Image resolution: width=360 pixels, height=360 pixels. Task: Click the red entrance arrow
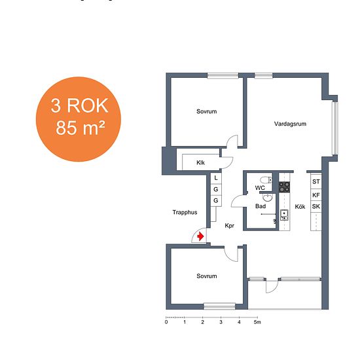(200, 236)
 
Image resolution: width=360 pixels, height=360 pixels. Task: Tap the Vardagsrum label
(290, 124)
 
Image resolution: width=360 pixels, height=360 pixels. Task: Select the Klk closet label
(200, 163)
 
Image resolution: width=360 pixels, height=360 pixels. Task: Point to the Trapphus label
(185, 212)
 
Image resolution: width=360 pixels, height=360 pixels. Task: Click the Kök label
(300, 207)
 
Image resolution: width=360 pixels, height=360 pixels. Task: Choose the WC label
(260, 188)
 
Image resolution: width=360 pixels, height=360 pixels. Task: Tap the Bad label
(261, 206)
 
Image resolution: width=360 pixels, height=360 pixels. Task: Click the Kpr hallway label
(229, 226)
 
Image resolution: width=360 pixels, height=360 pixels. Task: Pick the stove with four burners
(284, 187)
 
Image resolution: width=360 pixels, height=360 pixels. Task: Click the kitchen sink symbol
(284, 215)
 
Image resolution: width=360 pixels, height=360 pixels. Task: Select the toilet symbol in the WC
(266, 180)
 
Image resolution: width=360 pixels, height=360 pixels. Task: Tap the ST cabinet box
(316, 181)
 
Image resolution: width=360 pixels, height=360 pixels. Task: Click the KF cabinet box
(316, 195)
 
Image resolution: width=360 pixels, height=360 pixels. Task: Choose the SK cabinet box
(316, 206)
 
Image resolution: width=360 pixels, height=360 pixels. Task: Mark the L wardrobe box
(216, 178)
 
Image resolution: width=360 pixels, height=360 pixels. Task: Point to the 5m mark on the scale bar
(257, 322)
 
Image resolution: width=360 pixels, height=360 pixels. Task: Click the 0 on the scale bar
(166, 322)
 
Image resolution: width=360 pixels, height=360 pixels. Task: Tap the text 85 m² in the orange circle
(81, 128)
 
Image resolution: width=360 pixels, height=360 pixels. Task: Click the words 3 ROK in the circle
(79, 105)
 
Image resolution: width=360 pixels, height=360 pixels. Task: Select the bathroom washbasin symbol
(267, 198)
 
